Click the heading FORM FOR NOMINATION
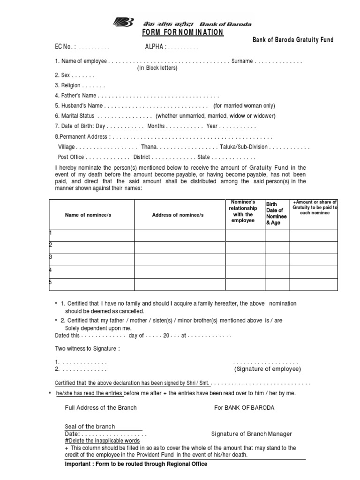coord(183,32)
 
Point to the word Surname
coord(241,61)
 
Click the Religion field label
coord(68,86)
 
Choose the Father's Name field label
coord(75,96)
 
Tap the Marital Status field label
coord(75,116)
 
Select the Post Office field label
coord(71,157)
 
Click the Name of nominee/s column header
coord(88,215)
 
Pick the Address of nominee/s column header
coord(178,215)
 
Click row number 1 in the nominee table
coord(51,233)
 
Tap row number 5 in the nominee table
coord(51,282)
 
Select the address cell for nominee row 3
coord(180,259)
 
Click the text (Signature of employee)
coord(268,369)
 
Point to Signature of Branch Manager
coord(252,434)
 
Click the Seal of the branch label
coord(90,427)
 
